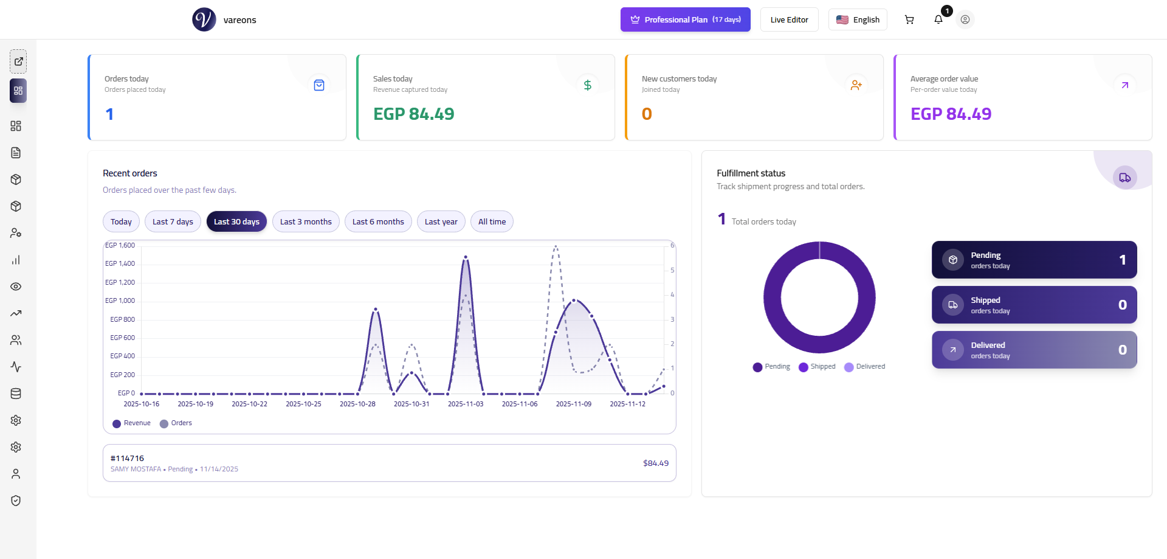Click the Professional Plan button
(685, 19)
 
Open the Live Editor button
(789, 19)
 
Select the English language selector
(858, 19)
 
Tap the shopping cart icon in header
(909, 19)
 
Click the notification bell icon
(938, 19)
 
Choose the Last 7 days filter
(173, 221)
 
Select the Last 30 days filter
(236, 221)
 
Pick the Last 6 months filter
(378, 221)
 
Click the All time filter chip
(492, 221)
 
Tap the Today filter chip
(121, 221)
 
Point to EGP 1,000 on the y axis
(120, 300)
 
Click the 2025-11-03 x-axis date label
(466, 404)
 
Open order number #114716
(128, 458)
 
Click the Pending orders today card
(1034, 260)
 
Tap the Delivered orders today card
(1034, 350)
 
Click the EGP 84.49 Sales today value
(413, 114)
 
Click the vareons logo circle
(204, 19)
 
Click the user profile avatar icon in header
(965, 19)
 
